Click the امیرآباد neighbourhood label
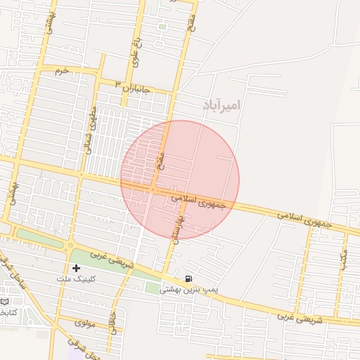(221, 105)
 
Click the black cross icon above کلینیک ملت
(76, 268)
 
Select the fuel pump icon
(188, 278)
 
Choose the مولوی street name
(84, 323)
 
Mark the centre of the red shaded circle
(180, 180)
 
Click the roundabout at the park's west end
(70, 245)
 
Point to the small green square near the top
(162, 27)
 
